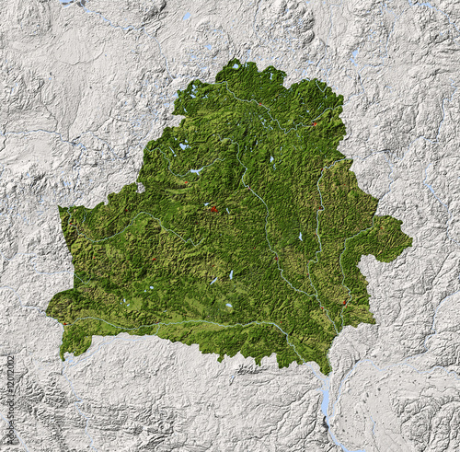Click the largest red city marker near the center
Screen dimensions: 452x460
[213, 209]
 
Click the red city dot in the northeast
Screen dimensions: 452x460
[315, 122]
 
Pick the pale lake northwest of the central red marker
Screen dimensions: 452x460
[196, 170]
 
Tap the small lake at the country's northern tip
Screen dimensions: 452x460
[236, 66]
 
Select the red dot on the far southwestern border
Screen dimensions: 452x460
[64, 354]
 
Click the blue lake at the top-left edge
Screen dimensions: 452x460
[69, 3]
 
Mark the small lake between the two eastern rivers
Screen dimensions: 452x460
[300, 237]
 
